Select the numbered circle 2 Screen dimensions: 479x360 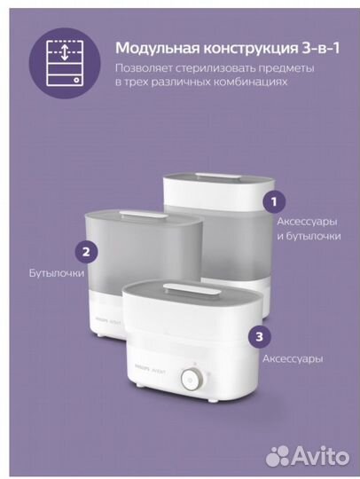click(85, 251)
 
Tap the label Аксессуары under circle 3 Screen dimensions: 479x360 click(291, 359)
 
